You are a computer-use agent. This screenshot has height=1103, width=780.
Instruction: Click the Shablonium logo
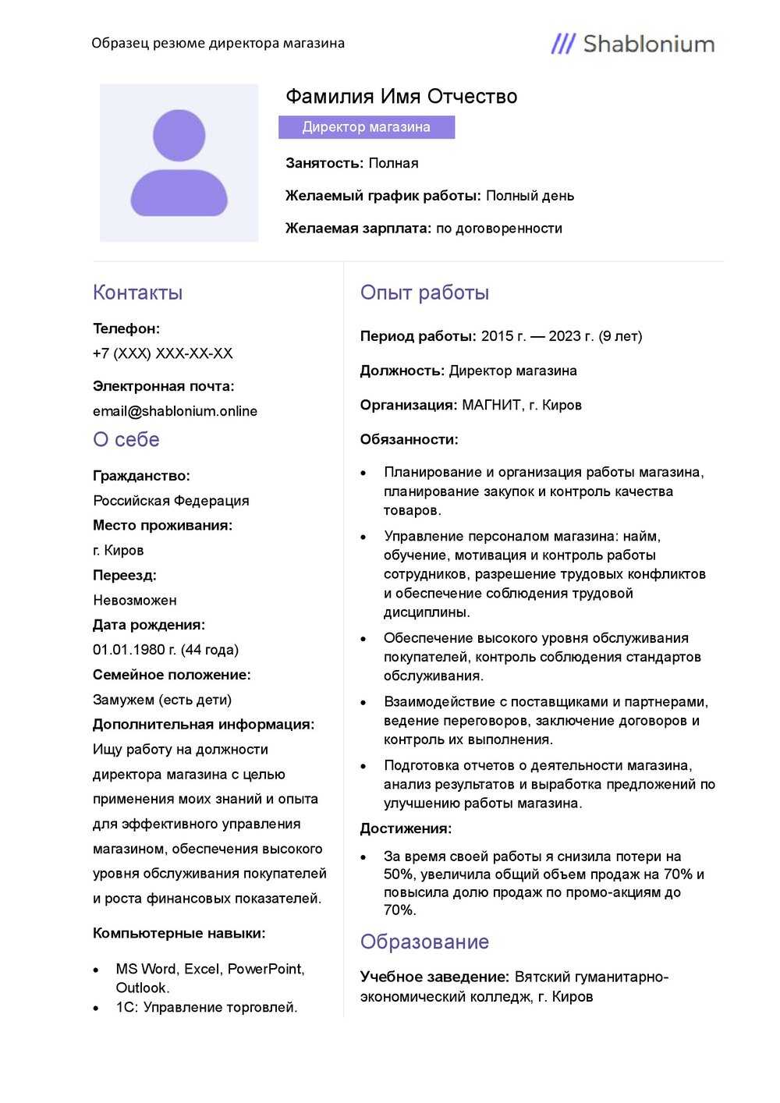pos(633,44)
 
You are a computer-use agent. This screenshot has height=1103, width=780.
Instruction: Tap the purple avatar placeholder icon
pos(179,163)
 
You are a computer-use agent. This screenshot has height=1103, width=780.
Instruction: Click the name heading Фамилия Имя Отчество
pos(401,97)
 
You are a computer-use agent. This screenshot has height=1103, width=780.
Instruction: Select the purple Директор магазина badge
pos(367,127)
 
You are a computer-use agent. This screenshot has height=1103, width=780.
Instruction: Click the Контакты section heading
pos(137,293)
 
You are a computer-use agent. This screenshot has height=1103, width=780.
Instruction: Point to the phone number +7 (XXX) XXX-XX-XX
pos(162,353)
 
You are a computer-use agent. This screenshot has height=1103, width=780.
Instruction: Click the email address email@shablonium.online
pos(175,411)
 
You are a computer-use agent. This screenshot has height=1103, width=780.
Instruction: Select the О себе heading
pos(126,440)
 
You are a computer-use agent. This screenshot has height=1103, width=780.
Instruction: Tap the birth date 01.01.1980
pos(129,650)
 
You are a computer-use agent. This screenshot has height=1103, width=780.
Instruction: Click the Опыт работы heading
pos(424,293)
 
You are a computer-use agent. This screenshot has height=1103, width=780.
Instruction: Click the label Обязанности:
pos(409,439)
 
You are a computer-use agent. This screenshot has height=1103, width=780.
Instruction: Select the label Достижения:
pos(406,828)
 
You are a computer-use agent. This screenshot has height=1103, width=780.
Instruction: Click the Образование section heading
pos(424,942)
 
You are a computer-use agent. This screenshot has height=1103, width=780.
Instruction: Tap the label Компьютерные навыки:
pos(179,933)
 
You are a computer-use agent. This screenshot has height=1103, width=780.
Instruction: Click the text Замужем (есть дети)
pos(162,700)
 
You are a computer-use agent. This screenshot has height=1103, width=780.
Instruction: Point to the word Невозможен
pos(135,600)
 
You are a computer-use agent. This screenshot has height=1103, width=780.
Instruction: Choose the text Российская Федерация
pos(171,501)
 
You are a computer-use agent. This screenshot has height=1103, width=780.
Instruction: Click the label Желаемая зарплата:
pos(358,229)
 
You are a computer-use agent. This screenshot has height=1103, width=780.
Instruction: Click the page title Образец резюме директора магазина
pos(218,43)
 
